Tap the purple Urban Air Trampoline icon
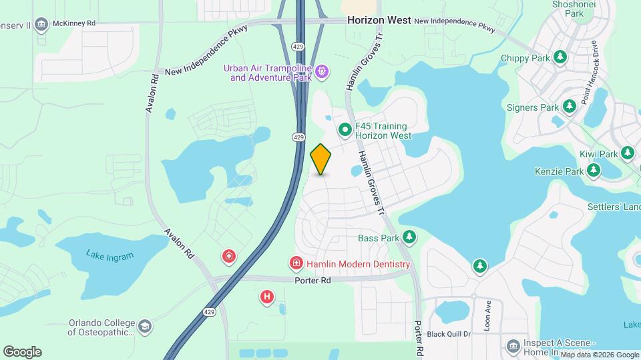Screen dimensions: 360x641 coord(322,71)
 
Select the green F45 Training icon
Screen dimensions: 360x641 coord(345,130)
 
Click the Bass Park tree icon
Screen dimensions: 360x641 coord(409,237)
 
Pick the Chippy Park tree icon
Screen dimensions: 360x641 coord(560,58)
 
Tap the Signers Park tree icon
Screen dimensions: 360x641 coord(569,107)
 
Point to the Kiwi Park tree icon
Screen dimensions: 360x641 coord(627,154)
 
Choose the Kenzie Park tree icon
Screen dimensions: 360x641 coord(594,171)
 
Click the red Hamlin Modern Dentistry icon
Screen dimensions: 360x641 coord(296,264)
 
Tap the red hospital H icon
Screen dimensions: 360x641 coord(267,297)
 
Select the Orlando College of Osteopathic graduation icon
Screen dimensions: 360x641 coord(145,327)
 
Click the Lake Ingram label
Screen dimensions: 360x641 coord(110,255)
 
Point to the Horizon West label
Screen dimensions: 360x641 coord(379,21)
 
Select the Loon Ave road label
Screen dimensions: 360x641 coord(487,312)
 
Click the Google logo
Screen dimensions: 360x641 coord(22,351)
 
